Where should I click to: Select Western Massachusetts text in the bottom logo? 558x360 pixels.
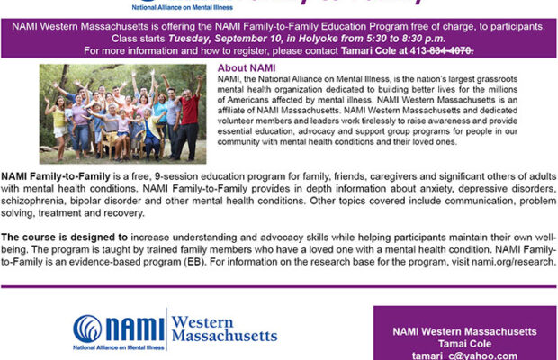(x=223, y=328)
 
